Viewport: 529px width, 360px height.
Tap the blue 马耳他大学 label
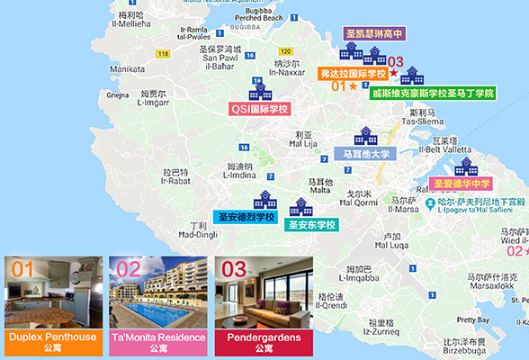(366, 154)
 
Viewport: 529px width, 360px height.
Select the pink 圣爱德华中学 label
(465, 182)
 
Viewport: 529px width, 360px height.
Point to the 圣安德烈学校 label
(247, 217)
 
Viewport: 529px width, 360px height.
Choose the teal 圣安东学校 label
(311, 225)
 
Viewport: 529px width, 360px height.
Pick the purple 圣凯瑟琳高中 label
(374, 33)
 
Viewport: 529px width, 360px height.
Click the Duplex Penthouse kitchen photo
(51, 292)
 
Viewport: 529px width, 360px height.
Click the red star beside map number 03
(393, 72)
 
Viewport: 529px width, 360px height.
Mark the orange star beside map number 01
(353, 86)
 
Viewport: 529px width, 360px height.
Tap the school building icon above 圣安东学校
(300, 207)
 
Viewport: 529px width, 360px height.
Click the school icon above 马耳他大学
(365, 137)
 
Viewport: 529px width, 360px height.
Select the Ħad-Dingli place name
(198, 235)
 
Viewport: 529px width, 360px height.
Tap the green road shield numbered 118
(163, 55)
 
